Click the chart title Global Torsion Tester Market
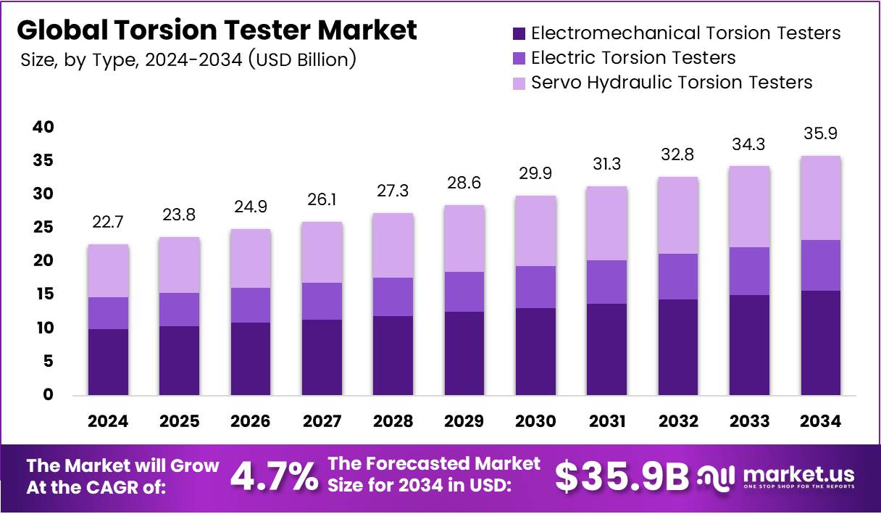coord(217,30)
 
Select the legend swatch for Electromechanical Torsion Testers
coord(519,33)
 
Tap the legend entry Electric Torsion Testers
coord(632,58)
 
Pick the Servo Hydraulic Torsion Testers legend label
coord(671,83)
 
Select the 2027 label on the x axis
coord(322,421)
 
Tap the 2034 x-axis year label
coord(821,421)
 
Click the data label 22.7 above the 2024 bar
coord(108,223)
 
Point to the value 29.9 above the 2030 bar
coord(535,174)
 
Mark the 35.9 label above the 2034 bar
coord(821,134)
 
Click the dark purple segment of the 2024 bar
coord(108,362)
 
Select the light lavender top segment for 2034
coord(821,198)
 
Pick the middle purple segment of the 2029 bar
coord(464,291)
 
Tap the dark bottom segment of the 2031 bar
coord(607,349)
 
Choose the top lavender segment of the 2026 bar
coord(251,258)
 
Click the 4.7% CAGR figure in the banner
coord(274,476)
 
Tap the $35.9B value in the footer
coord(622,476)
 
